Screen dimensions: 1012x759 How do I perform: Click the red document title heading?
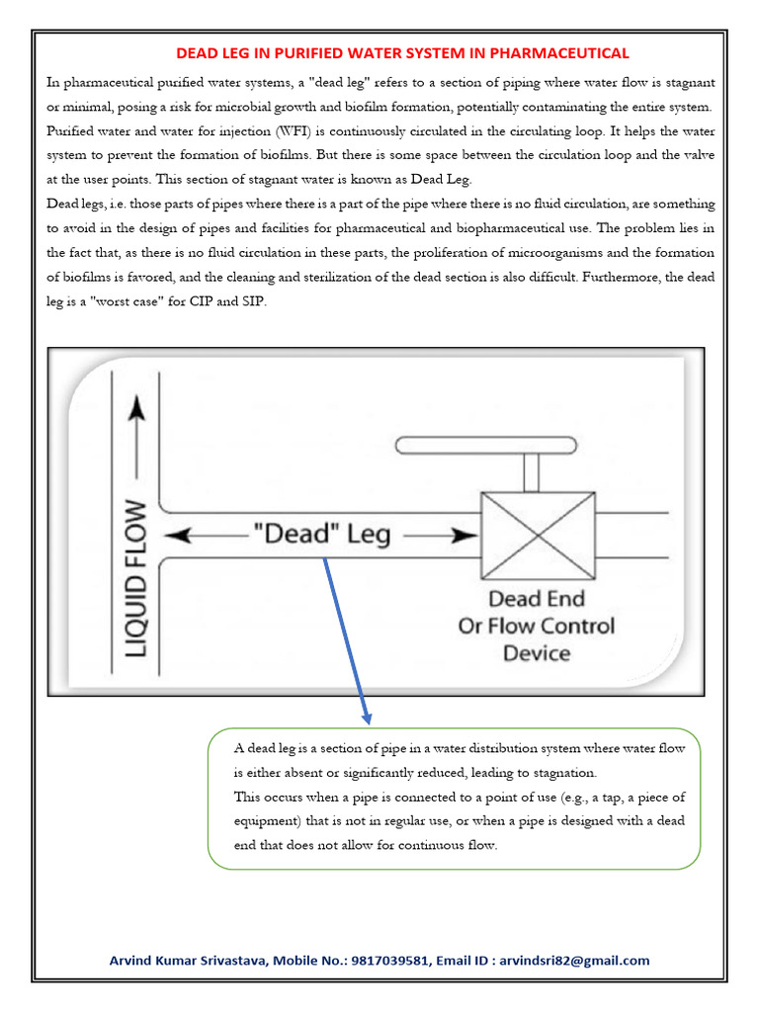tap(402, 53)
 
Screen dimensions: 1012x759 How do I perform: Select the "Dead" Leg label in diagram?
tap(322, 535)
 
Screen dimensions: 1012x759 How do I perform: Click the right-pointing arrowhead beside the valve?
tap(463, 535)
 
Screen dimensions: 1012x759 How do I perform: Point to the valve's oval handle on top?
tap(484, 447)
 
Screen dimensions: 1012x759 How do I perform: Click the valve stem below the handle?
tap(531, 473)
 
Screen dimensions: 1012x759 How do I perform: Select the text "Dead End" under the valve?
tap(537, 599)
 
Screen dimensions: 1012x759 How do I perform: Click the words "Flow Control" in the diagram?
tap(563, 627)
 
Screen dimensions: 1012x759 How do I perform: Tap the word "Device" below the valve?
tap(537, 653)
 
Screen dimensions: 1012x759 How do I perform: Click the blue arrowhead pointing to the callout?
tap(366, 713)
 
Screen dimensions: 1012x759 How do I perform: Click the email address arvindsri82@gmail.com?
tap(575, 961)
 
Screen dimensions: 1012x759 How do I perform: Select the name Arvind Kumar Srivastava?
tap(187, 961)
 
